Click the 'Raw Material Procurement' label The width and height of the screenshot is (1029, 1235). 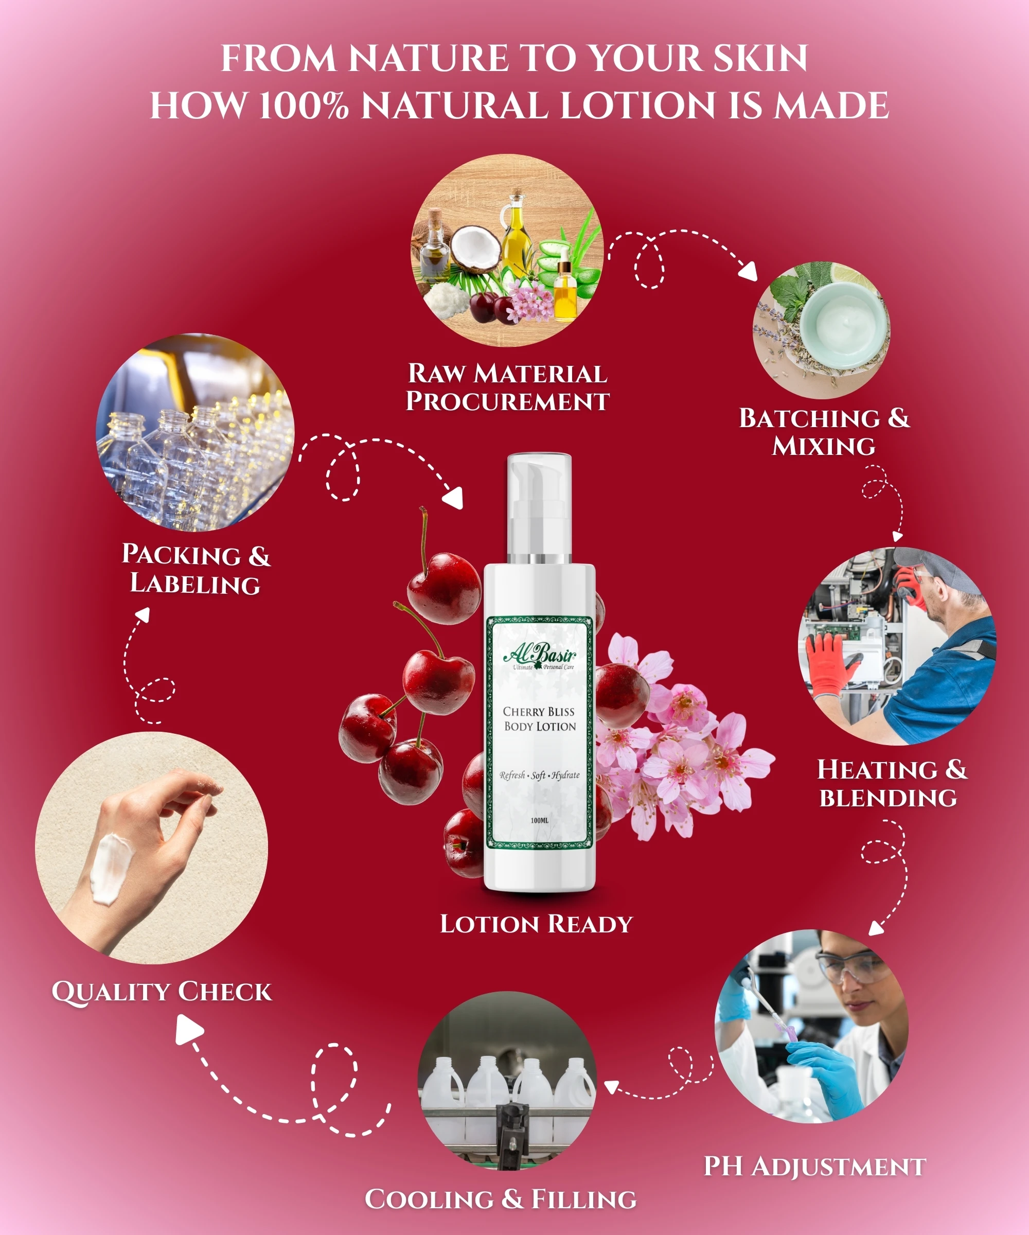[x=507, y=387]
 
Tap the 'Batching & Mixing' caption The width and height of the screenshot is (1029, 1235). [x=824, y=432]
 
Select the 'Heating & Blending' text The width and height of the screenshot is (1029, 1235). [x=892, y=783]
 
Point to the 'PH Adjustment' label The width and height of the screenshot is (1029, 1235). [x=814, y=1167]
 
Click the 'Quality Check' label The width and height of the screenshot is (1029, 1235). [x=162, y=991]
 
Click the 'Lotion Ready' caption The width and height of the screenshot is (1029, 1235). [x=536, y=924]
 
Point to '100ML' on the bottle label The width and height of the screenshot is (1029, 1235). [x=539, y=820]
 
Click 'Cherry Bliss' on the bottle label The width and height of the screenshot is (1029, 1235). [x=539, y=712]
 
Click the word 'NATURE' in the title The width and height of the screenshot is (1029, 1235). [x=428, y=58]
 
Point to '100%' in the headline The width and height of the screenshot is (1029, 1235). [x=304, y=106]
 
